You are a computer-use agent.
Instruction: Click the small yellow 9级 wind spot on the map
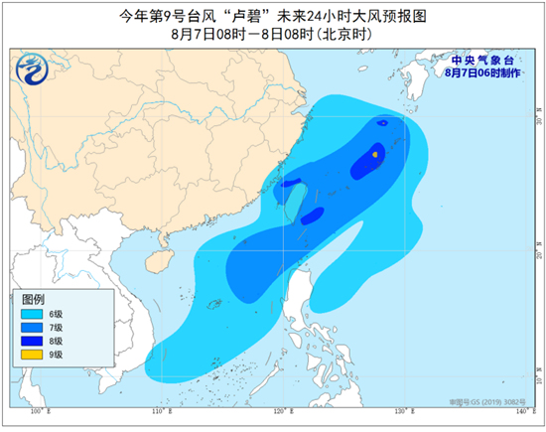point(374,154)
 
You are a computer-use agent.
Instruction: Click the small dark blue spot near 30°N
point(382,123)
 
